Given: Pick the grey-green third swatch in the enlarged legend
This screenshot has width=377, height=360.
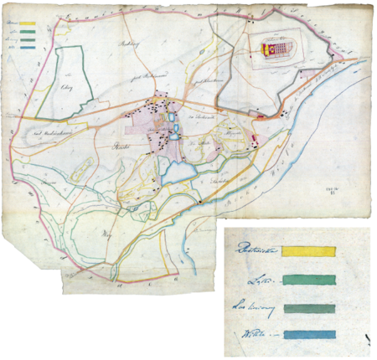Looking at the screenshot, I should tap(309, 308).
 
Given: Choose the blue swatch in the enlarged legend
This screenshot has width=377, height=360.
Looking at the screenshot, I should tap(309, 335).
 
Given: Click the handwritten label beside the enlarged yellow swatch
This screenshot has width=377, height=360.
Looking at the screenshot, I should tap(255, 249).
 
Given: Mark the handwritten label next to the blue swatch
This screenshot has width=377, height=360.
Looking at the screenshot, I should tap(255, 334).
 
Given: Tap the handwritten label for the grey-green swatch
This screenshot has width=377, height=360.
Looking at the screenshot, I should tap(253, 307).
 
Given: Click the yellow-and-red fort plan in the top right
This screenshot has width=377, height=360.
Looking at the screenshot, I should tap(276, 49).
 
